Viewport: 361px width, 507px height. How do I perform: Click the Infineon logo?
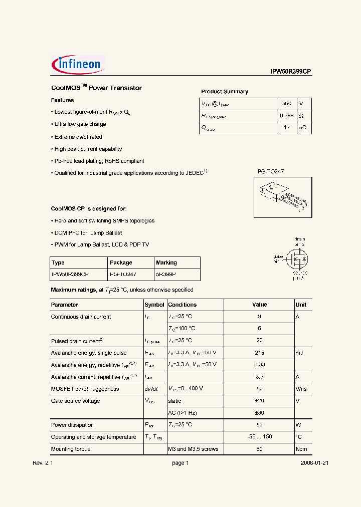(78, 65)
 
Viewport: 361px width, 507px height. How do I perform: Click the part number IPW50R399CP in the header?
(291, 72)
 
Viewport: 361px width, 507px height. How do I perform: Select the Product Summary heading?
(225, 92)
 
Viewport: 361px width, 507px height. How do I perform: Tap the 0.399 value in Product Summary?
(286, 116)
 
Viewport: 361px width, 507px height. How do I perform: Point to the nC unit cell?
(302, 128)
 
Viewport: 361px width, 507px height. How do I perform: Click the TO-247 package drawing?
(282, 197)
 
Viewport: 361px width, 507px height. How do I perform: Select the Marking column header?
(166, 263)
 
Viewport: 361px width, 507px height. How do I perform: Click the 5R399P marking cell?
(166, 275)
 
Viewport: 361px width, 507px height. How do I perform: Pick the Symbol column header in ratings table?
(154, 305)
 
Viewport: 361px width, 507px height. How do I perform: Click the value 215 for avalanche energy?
(259, 353)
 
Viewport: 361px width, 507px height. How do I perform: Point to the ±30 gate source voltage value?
(259, 413)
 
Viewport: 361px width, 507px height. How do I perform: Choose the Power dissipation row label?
(72, 425)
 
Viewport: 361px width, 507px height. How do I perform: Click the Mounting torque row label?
(71, 449)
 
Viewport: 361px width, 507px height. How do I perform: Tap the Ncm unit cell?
(301, 449)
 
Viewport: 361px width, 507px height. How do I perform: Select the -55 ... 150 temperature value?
(259, 437)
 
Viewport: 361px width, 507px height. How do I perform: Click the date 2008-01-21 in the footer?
(314, 463)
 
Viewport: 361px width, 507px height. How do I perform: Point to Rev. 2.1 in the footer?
(43, 463)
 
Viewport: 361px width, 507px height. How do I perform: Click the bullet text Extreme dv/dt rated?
(78, 137)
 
